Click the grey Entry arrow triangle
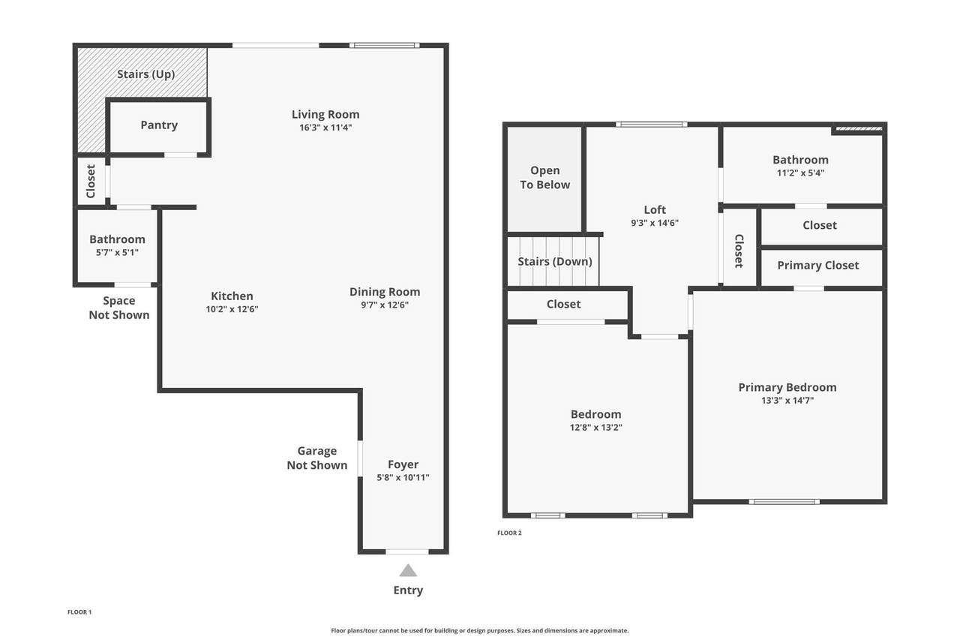pos(408,570)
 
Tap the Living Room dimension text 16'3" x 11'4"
pos(325,128)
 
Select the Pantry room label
pos(159,125)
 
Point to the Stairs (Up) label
pos(145,74)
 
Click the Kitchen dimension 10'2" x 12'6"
pos(232,309)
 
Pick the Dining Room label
pos(385,292)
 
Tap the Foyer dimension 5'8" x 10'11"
pos(403,477)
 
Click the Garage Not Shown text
pos(317,458)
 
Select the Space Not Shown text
pos(119,308)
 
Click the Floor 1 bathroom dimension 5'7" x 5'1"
pos(117,253)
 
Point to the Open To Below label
pos(545,178)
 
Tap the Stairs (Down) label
pos(555,262)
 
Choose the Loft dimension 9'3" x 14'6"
pos(655,223)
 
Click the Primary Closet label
pos(818,266)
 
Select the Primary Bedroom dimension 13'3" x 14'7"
pos(787,401)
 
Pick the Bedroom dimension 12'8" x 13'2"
pos(595,428)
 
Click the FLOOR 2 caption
pos(509,533)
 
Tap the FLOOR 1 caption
pos(79,612)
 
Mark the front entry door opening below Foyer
pos(407,551)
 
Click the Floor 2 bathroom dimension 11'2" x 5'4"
pos(800,173)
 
